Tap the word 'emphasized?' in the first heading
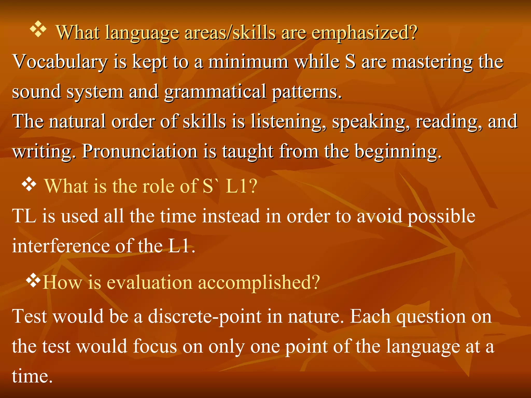(x=364, y=33)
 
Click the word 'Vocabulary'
(x=60, y=62)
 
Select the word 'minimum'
(x=248, y=62)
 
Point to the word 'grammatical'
(x=215, y=92)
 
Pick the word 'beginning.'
(x=398, y=151)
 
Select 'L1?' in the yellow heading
(x=241, y=186)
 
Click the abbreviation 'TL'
(x=24, y=216)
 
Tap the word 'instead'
(x=231, y=216)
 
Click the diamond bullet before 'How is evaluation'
(x=33, y=281)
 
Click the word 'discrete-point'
(x=204, y=317)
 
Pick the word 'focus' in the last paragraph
(x=155, y=346)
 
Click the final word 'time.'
(x=32, y=376)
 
